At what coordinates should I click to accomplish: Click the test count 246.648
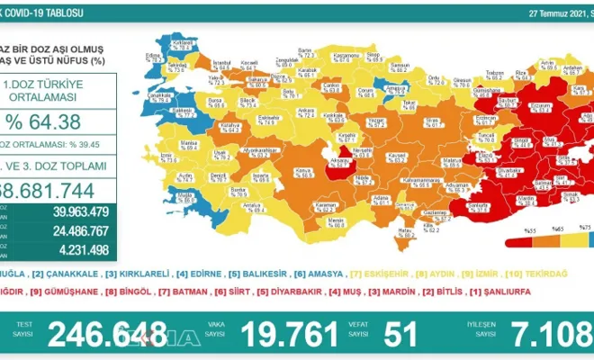point(107,334)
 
